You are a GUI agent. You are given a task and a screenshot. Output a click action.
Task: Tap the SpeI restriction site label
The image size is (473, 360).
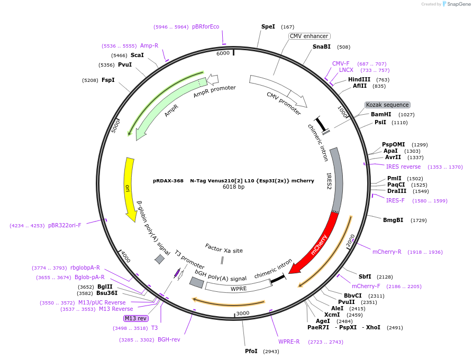tap(268, 26)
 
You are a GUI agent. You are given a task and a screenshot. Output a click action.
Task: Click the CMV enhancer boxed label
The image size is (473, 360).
tap(309, 36)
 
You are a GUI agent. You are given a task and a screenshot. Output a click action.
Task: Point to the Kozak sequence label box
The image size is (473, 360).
tap(387, 105)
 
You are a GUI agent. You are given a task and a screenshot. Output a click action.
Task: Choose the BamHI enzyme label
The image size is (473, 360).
tap(381, 114)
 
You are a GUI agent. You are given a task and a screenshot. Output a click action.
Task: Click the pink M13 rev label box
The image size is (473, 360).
tap(136, 318)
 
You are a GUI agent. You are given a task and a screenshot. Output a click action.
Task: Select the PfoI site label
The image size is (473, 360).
tap(251, 351)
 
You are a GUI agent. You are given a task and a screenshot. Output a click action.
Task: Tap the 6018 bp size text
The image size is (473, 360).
tap(233, 187)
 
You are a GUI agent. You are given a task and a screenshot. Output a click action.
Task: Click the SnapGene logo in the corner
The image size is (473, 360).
tap(456, 4)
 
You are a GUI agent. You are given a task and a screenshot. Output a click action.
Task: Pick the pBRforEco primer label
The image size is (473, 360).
tap(205, 26)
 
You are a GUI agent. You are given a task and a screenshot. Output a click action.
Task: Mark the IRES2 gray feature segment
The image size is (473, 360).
tap(336, 180)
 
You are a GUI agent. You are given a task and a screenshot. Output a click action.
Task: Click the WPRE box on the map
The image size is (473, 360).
tap(239, 289)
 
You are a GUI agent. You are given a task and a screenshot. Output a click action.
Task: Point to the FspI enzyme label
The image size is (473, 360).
tap(108, 80)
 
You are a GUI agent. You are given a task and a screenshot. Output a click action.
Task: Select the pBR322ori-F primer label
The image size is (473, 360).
tap(65, 225)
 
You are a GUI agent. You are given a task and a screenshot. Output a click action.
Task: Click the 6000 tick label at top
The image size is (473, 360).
tap(223, 53)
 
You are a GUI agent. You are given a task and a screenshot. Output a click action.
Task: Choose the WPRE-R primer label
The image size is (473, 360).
tap(289, 341)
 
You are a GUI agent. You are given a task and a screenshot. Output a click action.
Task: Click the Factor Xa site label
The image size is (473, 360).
tap(224, 248)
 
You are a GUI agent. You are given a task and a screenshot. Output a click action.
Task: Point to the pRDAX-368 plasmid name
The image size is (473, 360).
tap(168, 180)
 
